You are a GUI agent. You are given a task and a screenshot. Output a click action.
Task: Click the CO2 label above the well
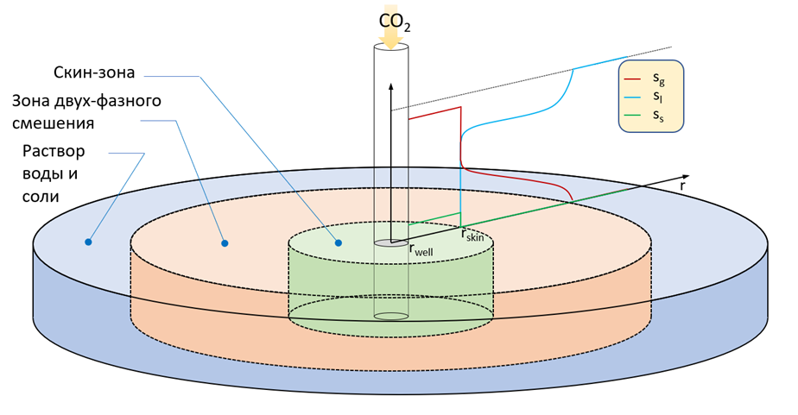coord(395,22)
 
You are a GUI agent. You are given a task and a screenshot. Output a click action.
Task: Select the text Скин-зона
coord(94,72)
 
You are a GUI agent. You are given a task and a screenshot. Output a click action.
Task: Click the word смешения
coord(54,123)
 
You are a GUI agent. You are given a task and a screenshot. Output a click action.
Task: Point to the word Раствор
coord(54,152)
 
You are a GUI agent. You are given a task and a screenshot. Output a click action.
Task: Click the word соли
coord(41,197)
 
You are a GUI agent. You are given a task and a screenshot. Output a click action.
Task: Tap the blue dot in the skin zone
coord(339,243)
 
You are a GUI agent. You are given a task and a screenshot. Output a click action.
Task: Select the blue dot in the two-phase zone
coord(225,243)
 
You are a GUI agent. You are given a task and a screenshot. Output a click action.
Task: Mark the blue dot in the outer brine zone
coord(88,242)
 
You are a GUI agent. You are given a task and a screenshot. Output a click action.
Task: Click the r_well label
coord(421,249)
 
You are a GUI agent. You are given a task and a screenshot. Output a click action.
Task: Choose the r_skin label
coord(472,235)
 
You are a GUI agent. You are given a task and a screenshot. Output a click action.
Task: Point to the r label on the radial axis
coord(682,186)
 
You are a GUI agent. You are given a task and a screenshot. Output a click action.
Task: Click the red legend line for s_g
coord(632,79)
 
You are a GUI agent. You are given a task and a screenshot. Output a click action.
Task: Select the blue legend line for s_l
coord(632,97)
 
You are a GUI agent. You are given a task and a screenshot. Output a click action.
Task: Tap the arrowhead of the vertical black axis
coord(391,86)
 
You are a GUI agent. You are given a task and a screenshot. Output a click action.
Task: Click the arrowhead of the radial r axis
coord(685,177)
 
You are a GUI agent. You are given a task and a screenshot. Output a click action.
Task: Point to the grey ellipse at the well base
coord(391,243)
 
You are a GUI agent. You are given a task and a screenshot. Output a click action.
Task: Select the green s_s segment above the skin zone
coord(434,218)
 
